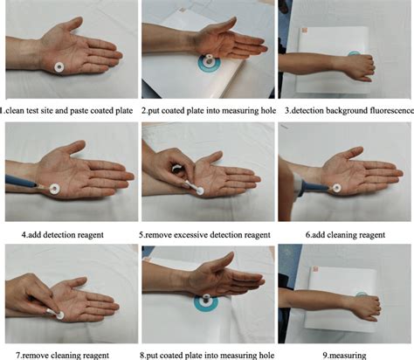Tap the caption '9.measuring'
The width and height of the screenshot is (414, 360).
pyautogui.click(x=344, y=354)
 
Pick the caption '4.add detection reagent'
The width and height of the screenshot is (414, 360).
pyautogui.click(x=67, y=233)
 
